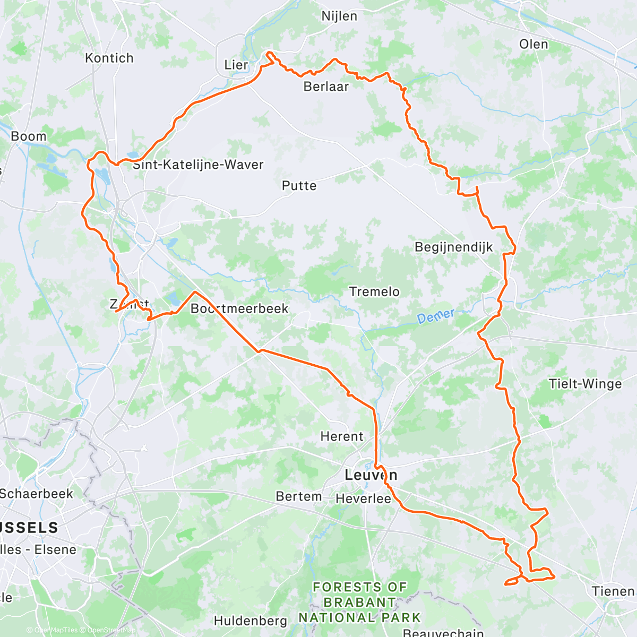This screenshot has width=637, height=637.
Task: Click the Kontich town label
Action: (109, 58)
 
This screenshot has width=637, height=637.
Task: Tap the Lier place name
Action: (236, 65)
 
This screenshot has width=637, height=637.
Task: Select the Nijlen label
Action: (339, 16)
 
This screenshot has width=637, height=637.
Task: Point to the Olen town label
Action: (533, 44)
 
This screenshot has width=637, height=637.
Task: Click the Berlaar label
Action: (326, 87)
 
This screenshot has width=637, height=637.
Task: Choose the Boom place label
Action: (29, 136)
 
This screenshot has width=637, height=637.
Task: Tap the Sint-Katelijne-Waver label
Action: (198, 165)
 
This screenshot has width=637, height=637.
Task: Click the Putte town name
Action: (299, 186)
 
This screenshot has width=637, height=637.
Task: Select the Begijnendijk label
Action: (454, 247)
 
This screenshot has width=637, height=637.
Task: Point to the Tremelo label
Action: (374, 291)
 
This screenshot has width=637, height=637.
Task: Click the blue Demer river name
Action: (436, 317)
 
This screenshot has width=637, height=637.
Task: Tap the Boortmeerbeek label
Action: (239, 308)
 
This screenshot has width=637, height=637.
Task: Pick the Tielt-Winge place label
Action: (585, 384)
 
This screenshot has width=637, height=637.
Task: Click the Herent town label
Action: (342, 436)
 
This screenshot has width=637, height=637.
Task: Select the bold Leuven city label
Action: (371, 475)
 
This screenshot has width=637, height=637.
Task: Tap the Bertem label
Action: (299, 496)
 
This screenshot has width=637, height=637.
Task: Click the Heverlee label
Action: (363, 499)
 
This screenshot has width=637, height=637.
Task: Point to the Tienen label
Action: (614, 591)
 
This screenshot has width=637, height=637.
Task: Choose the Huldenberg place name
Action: (251, 621)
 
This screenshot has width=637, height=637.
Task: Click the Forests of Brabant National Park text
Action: (359, 602)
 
